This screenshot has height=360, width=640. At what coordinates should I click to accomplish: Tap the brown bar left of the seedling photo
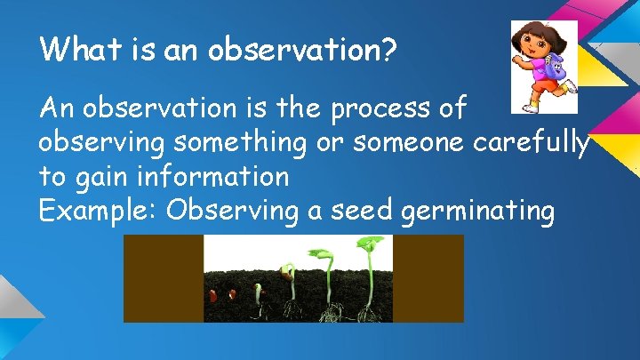pyautogui.click(x=164, y=278)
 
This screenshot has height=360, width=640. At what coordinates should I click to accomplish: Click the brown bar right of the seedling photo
pyautogui.click(x=428, y=278)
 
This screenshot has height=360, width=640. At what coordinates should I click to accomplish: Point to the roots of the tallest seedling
pyautogui.click(x=368, y=312)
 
